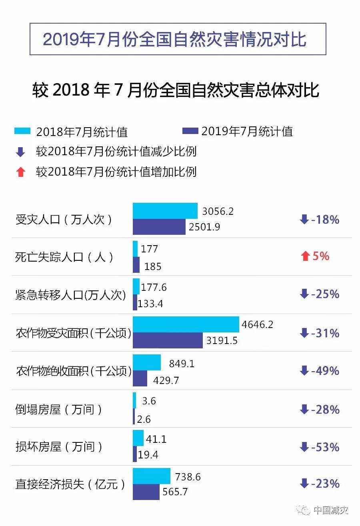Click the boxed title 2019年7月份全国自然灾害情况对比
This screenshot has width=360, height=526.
(x=178, y=39)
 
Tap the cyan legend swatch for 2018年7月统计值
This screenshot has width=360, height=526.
(x=22, y=131)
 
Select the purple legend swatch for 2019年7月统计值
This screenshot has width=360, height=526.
(x=190, y=131)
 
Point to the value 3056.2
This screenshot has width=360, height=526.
(x=218, y=211)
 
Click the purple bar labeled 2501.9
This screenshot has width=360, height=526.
(x=159, y=227)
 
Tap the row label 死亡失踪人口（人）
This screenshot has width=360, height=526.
(x=64, y=257)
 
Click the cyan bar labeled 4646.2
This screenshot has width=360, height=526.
(x=186, y=324)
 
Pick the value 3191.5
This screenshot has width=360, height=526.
(x=222, y=341)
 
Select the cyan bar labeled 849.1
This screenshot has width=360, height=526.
(x=147, y=362)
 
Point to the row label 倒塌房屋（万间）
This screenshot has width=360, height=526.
(x=58, y=410)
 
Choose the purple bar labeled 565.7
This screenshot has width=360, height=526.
(x=146, y=492)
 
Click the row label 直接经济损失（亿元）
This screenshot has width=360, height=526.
(x=70, y=484)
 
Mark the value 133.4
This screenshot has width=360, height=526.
(x=150, y=304)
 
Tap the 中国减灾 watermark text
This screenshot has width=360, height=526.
(x=331, y=510)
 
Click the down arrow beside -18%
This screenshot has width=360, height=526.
(x=304, y=219)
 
